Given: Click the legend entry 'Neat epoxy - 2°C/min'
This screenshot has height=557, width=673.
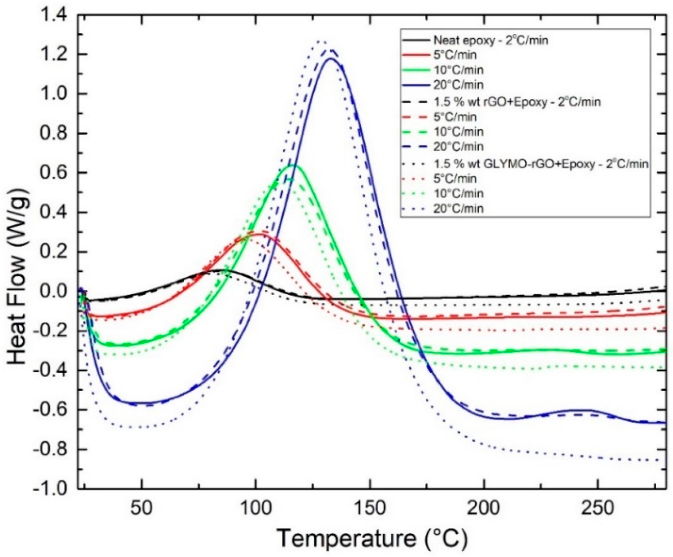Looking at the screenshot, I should (490, 40).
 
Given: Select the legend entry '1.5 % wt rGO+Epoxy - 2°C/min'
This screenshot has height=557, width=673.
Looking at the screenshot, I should (517, 102).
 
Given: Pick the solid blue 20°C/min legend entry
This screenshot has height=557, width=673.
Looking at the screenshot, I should (458, 85).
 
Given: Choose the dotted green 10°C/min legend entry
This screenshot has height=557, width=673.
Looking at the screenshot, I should (458, 193).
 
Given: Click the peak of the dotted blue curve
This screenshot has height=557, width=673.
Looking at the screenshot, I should (321, 42).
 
